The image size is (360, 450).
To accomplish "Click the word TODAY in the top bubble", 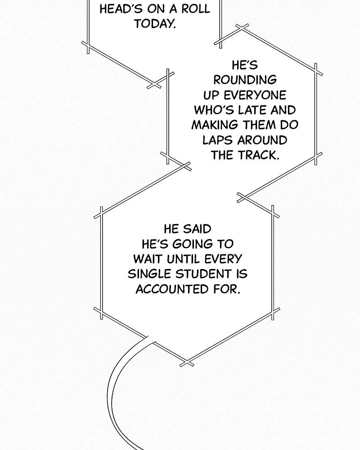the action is click(154, 23).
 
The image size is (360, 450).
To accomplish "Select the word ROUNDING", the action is click(245, 80).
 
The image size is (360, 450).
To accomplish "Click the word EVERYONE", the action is click(255, 95).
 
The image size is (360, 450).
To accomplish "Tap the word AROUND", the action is click(262, 140).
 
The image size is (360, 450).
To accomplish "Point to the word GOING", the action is click(193, 244).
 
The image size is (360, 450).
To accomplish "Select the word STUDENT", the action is click(204, 274).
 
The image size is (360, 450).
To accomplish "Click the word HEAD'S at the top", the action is click(121, 9).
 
